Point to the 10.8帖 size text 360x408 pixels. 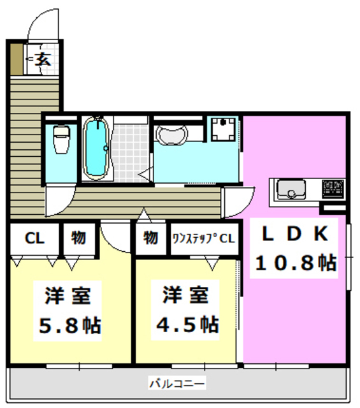point(295,263)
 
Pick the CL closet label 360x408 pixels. point(34,238)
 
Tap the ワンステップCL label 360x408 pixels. point(204,238)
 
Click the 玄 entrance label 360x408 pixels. point(43,61)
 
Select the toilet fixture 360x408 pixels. point(61,138)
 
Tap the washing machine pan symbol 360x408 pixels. point(224,131)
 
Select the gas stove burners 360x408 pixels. point(333,187)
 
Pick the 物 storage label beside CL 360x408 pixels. point(78,238)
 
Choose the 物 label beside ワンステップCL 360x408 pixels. point(150,238)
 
